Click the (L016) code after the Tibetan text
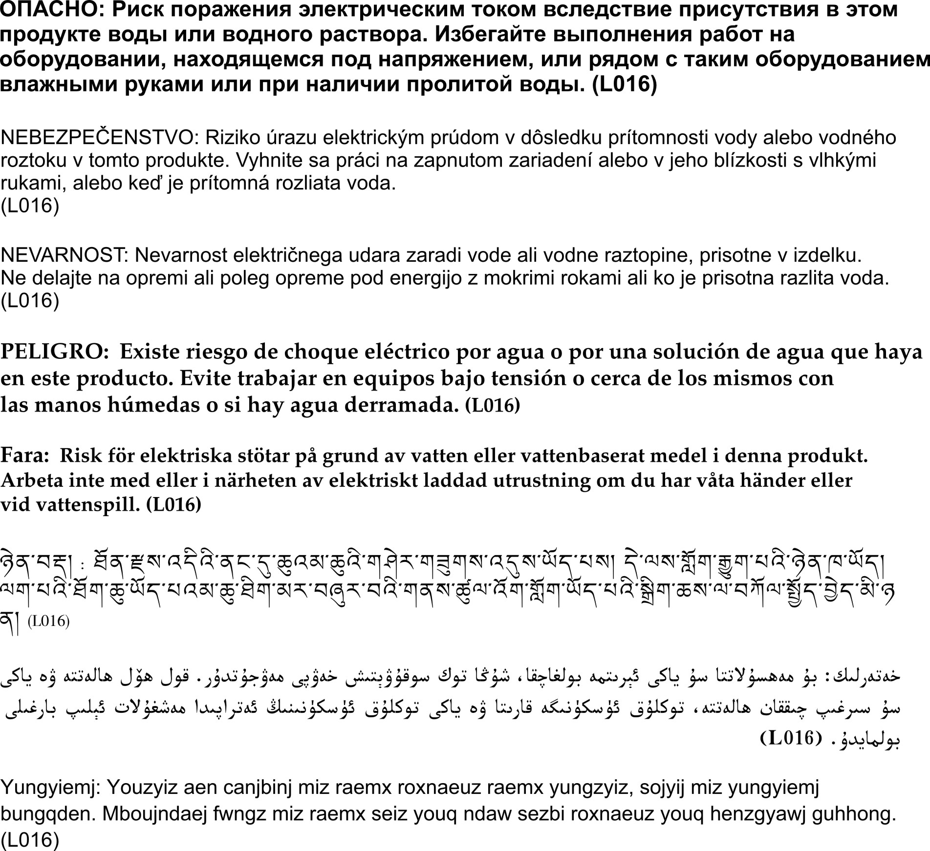pos(48,622)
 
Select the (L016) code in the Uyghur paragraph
pos(790,738)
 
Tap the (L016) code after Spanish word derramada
pos(492,405)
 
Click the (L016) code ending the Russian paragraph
pos(624,85)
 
